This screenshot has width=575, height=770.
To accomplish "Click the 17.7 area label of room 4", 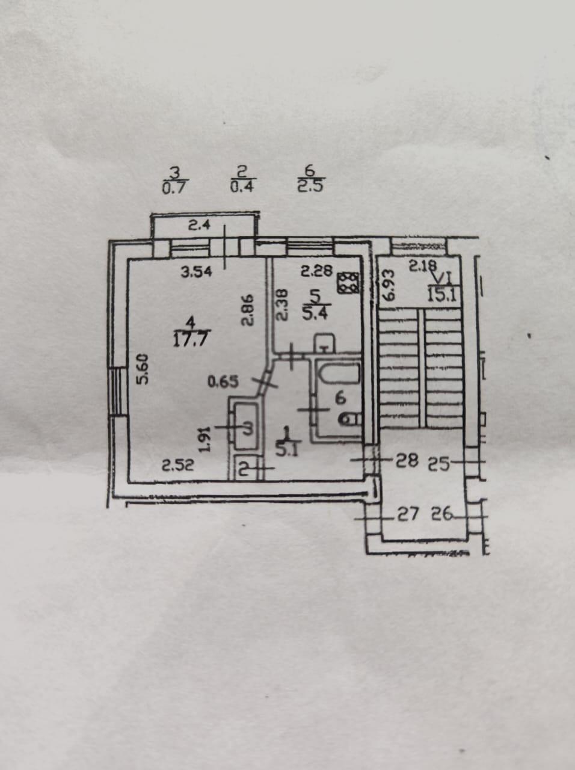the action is pos(190,339).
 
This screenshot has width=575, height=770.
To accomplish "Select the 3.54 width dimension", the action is pos(197,272).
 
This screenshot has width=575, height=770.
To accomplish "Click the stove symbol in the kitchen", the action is pos(348,283).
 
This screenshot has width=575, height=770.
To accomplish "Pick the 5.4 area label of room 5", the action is pos(314,313).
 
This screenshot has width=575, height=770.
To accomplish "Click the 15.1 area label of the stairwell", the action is pos(441,295).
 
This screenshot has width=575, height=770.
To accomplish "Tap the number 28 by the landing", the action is pos(407,461).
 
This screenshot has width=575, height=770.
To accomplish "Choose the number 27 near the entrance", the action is pos(407,515).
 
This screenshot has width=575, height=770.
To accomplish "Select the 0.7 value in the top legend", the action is pos(176,186).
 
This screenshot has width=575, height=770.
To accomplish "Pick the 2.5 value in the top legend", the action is pos(310,186).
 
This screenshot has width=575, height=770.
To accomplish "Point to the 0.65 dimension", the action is pos(223,381).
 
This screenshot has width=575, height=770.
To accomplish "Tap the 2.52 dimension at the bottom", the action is pos(178,465).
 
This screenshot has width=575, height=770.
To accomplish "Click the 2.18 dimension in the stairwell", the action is pos(424,265).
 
